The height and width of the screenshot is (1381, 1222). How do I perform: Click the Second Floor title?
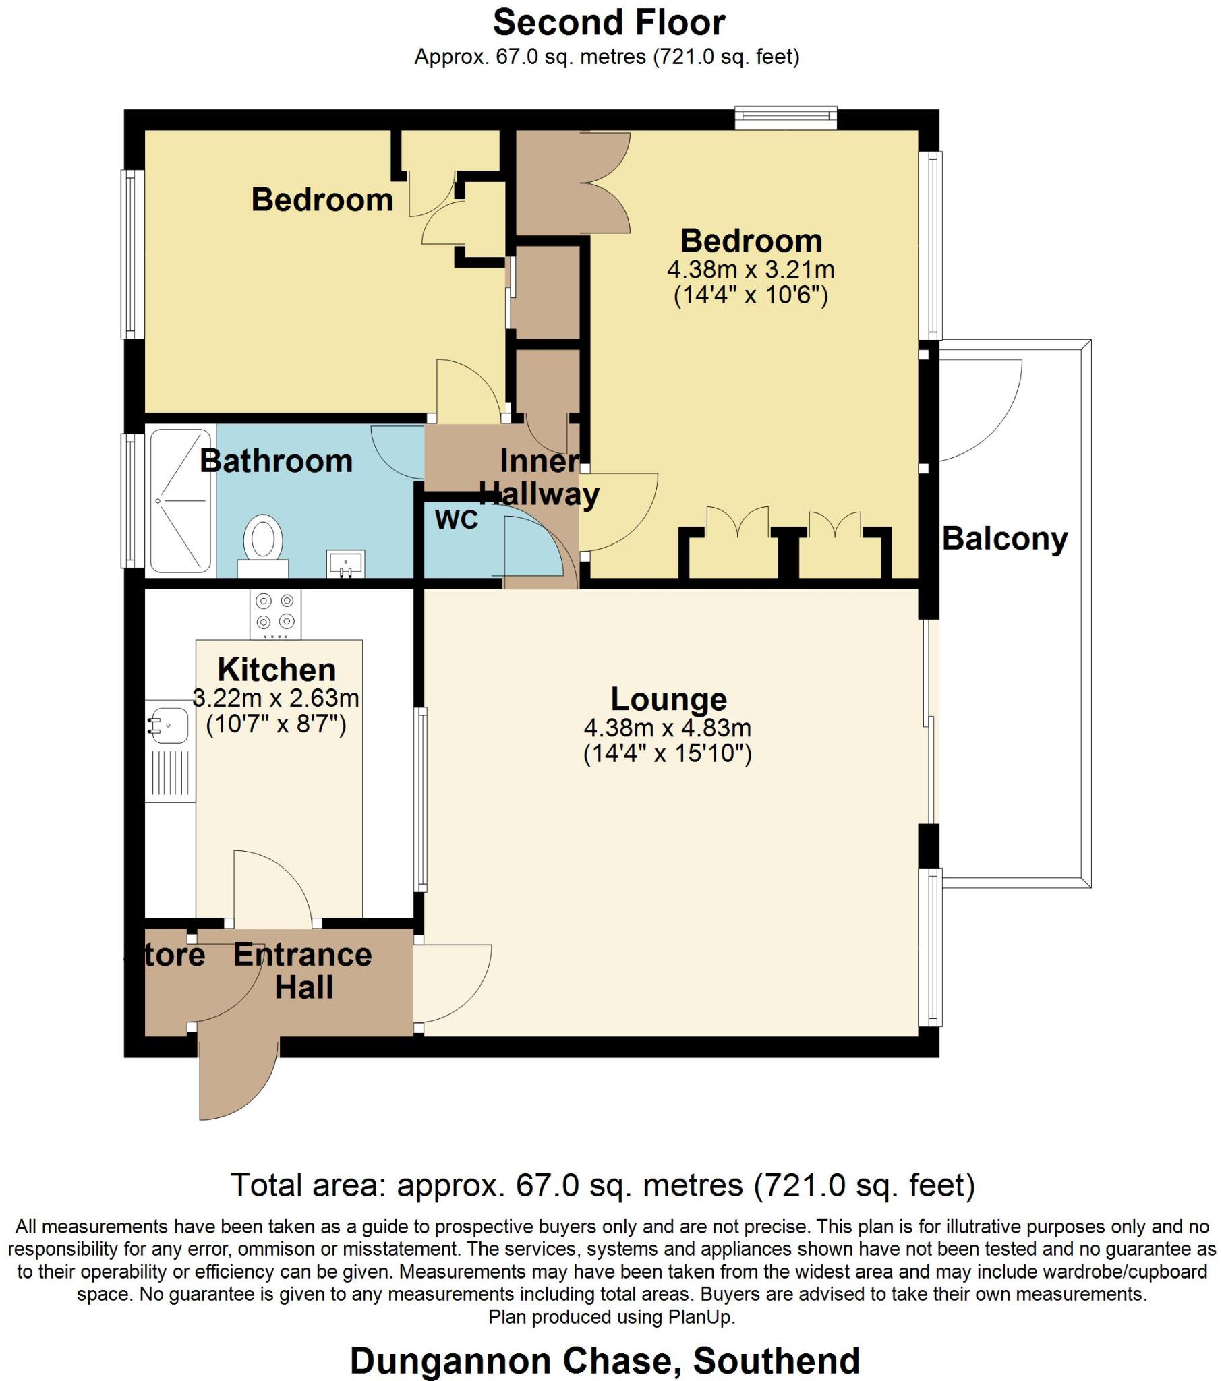point(609,24)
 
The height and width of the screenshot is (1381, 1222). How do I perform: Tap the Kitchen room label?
point(277,670)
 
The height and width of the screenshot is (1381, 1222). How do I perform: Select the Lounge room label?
point(668,699)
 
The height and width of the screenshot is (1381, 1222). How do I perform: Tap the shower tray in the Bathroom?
point(181,500)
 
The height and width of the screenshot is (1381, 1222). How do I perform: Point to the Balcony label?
point(1004,539)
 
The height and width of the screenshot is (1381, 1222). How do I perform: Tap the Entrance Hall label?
point(303,971)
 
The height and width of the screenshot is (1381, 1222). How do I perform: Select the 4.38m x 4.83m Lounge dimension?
point(667,728)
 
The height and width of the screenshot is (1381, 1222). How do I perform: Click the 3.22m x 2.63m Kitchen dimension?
point(276,698)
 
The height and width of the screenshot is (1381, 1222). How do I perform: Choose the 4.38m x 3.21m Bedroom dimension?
point(750,270)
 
